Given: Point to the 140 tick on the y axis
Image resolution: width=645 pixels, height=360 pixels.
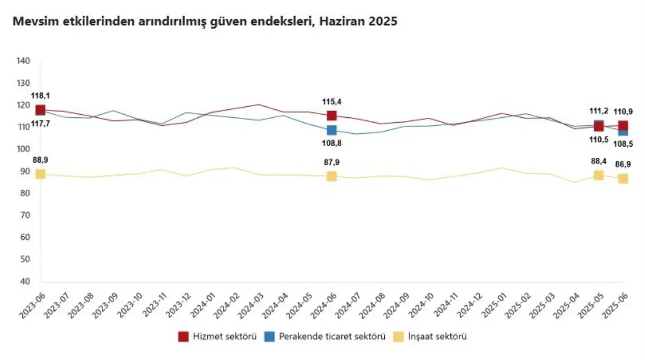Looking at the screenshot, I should coord(23,61).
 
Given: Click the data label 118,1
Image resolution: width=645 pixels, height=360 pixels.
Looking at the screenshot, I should coord(40,96).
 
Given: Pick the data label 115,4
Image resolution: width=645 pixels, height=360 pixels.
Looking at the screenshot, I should coord(331,101).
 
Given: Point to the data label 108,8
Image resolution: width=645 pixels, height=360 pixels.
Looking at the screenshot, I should coord(331,143).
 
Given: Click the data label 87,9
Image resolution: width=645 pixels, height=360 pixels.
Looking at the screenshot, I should coord(331,163).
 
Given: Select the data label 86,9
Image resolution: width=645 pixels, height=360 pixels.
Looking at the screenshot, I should coord(623,164).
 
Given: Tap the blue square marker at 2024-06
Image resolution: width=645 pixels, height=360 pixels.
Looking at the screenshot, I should coord(332,130).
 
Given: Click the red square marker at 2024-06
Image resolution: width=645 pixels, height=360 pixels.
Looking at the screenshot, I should coord(332,116).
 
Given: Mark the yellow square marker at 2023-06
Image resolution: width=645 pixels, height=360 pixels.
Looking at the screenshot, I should coord(41,174).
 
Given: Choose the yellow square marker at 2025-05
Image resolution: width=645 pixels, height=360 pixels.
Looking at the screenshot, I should coord(599,175).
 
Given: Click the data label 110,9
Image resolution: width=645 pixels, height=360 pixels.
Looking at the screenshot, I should coord(623,112).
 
